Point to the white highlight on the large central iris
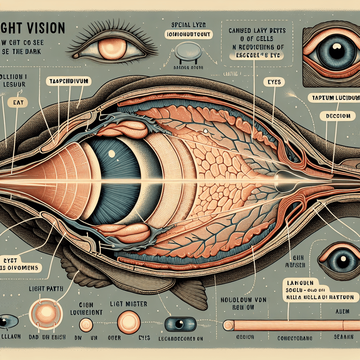(x=111, y=153)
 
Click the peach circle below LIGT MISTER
(x=129, y=322)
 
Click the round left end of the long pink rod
(x=229, y=325)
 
